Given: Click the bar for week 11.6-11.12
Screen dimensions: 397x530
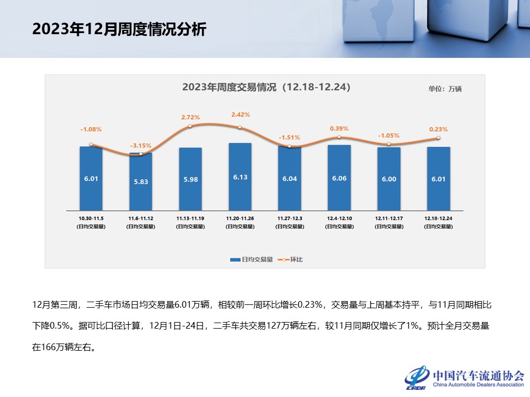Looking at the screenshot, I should pos(141,182).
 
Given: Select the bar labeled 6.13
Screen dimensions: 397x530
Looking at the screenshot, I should pos(240,176).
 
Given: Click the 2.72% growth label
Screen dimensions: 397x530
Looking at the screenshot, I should pos(190,117).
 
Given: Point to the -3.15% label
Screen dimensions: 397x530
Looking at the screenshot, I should pos(141,146).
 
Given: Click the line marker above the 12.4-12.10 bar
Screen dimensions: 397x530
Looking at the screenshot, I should pos(339,137).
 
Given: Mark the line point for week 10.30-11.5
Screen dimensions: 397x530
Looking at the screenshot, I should pos(91,144).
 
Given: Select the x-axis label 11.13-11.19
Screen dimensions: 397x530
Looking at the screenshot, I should pos(190,219).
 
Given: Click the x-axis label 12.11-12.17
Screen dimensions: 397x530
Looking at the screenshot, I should pos(389,219).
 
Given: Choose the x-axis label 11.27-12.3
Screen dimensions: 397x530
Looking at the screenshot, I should pos(289,219).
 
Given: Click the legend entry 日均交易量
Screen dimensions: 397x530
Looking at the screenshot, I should pos(252,259).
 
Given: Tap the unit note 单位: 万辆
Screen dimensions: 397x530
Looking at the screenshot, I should pos(444,89).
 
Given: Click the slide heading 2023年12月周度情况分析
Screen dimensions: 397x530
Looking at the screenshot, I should pos(119,29).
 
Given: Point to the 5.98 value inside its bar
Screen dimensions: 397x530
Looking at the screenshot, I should pos(190,179).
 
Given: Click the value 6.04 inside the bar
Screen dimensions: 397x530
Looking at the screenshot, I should pos(289,179).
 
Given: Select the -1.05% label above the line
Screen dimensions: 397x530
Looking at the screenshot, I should pos(389,135).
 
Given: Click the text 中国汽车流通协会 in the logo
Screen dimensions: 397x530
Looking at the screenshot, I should pos(478,375).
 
